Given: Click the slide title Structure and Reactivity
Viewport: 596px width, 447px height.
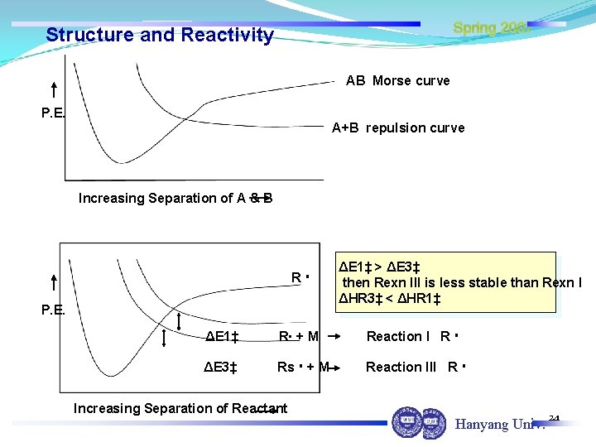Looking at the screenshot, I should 160,35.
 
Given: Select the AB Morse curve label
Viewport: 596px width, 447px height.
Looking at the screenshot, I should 398,80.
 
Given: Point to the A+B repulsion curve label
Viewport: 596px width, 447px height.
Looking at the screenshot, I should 398,127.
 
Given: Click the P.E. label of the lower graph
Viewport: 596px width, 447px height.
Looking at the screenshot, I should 53,310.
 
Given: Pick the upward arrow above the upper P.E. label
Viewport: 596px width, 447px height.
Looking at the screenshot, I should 54,90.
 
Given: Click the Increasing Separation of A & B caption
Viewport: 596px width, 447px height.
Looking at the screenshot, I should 175,198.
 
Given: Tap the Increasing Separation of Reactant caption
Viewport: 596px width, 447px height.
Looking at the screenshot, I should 180,408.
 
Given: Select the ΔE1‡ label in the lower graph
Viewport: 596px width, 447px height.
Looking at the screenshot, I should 222,336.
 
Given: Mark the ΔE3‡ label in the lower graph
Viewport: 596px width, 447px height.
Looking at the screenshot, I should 222,367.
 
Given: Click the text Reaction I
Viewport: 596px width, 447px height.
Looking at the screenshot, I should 398,336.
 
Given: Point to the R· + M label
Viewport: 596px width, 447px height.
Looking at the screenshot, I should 299,336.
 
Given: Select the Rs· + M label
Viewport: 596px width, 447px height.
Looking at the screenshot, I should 303,367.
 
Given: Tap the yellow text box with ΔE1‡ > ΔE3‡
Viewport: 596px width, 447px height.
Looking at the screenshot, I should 446,282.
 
